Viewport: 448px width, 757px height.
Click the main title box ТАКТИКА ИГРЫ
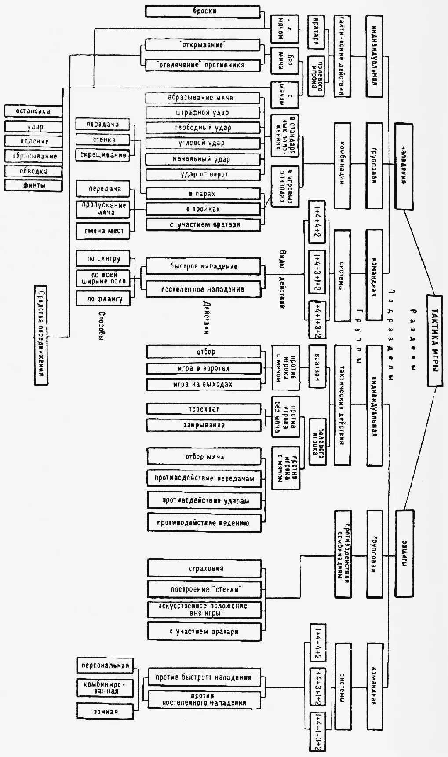pyautogui.click(x=434, y=341)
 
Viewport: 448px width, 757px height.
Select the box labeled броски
pyautogui.click(x=203, y=11)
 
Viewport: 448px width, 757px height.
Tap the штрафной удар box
pyautogui.click(x=203, y=113)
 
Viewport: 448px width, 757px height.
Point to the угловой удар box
pyautogui.click(x=203, y=143)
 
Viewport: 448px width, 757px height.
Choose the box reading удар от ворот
pyautogui.click(x=203, y=174)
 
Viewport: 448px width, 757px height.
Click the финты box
pyautogui.click(x=34, y=185)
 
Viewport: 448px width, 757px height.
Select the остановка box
pyautogui.click(x=33, y=111)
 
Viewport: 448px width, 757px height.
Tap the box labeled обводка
pyautogui.click(x=34, y=171)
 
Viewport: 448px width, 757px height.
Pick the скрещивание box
pyautogui.click(x=103, y=155)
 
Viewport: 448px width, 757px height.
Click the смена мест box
pyautogui.click(x=103, y=231)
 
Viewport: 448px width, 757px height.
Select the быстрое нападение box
pyautogui.click(x=204, y=266)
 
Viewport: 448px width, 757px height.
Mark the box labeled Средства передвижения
pyautogui.click(x=41, y=335)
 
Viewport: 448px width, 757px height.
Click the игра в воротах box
pyautogui.click(x=204, y=368)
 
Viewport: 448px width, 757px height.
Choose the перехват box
pyautogui.click(x=204, y=409)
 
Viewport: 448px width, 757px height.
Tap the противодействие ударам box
pyautogui.click(x=205, y=500)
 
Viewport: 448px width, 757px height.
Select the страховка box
pyautogui.click(x=205, y=568)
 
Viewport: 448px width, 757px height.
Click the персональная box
pyautogui.click(x=105, y=665)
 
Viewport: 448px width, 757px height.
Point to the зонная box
pyautogui.click(x=105, y=711)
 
